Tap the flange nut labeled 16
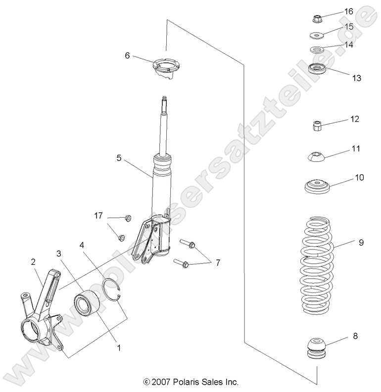click(x=318, y=19)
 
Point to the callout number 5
click(x=119, y=158)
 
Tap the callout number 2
click(x=33, y=262)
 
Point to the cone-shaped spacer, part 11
click(x=315, y=157)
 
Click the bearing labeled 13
click(x=317, y=68)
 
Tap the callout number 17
click(x=99, y=215)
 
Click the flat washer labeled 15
click(x=316, y=36)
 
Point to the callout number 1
click(x=119, y=348)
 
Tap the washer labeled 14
click(x=316, y=50)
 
